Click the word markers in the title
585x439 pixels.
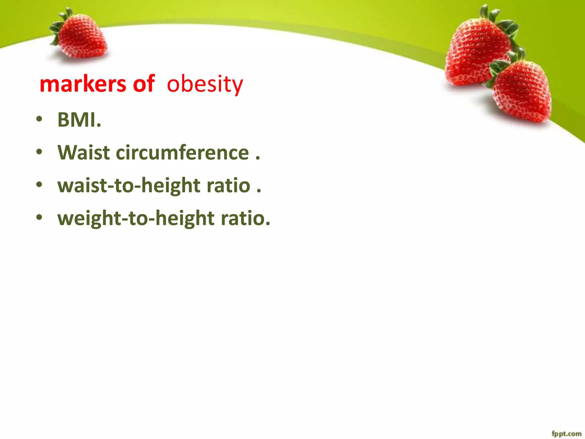[83, 84]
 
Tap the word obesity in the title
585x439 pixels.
[205, 84]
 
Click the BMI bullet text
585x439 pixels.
[79, 120]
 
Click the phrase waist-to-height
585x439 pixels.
[129, 186]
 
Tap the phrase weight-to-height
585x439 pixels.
[136, 219]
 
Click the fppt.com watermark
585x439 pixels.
[566, 434]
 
